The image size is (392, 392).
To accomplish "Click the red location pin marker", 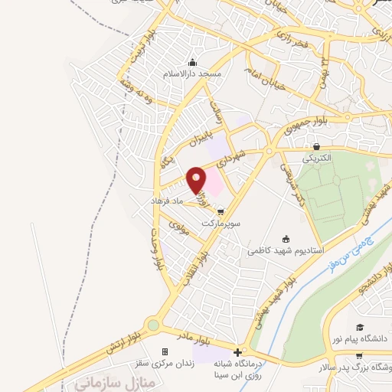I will point(197,180).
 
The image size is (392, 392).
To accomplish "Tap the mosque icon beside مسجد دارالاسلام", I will point(193,63).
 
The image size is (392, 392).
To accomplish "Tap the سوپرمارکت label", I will point(220,224).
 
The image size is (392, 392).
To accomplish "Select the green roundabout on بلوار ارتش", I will point(153,325).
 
